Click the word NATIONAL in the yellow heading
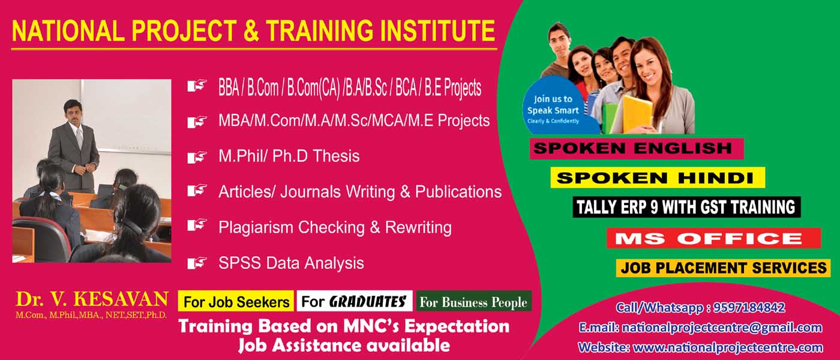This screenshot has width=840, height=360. [x=67, y=31]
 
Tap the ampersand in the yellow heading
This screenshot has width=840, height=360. [x=251, y=31]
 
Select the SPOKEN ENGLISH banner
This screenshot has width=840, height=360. [x=637, y=149]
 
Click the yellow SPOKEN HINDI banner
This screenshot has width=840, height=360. [x=658, y=178]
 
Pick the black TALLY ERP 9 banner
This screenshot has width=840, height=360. [x=686, y=207]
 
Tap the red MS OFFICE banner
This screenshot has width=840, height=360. [x=713, y=238]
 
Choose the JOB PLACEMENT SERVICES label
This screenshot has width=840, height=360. [x=724, y=268]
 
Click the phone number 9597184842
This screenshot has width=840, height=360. [x=749, y=308]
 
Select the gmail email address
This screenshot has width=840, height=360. [x=722, y=328]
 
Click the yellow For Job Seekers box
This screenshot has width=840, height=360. [x=236, y=301]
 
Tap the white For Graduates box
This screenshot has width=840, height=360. [x=355, y=301]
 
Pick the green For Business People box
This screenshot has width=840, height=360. [x=473, y=301]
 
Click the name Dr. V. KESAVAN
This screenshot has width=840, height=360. [x=92, y=299]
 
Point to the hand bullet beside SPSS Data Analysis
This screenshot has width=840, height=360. [x=197, y=263]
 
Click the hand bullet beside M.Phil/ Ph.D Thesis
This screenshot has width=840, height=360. [x=197, y=157]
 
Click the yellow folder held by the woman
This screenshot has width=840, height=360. [x=637, y=113]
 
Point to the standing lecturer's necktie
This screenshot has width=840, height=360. [x=79, y=137]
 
